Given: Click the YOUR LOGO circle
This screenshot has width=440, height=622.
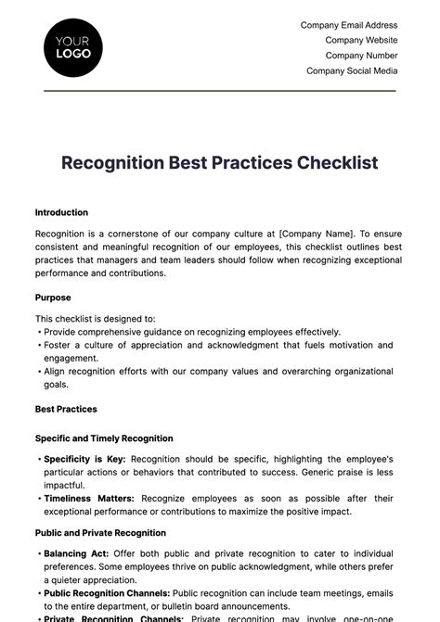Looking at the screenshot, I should (73, 47).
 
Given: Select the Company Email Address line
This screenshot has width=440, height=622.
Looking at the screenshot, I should (349, 26).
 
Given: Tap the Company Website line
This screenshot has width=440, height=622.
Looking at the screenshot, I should (361, 41).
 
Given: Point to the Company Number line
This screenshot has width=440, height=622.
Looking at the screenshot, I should (361, 56).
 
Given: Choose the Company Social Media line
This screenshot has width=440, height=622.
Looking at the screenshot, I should (352, 70).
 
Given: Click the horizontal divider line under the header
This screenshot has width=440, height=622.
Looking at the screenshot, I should (220, 91).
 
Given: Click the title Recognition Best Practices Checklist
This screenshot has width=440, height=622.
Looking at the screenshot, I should (220, 163).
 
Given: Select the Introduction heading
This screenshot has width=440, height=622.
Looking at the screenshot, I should (61, 212).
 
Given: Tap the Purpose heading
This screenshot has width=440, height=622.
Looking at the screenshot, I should (53, 298).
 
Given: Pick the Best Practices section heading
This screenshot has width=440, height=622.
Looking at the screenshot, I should (66, 409).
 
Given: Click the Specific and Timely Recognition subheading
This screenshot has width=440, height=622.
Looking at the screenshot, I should (104, 438).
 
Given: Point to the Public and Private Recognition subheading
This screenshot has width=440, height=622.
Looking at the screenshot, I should (100, 533).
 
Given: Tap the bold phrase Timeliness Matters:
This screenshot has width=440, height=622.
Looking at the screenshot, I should (89, 498).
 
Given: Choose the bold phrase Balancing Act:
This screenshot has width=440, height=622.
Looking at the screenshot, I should (76, 553).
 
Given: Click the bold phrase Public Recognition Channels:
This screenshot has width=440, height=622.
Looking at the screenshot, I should (107, 593).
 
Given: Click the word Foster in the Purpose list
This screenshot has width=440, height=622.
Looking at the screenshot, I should (58, 345).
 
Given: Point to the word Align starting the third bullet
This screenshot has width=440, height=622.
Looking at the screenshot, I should (55, 372).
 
